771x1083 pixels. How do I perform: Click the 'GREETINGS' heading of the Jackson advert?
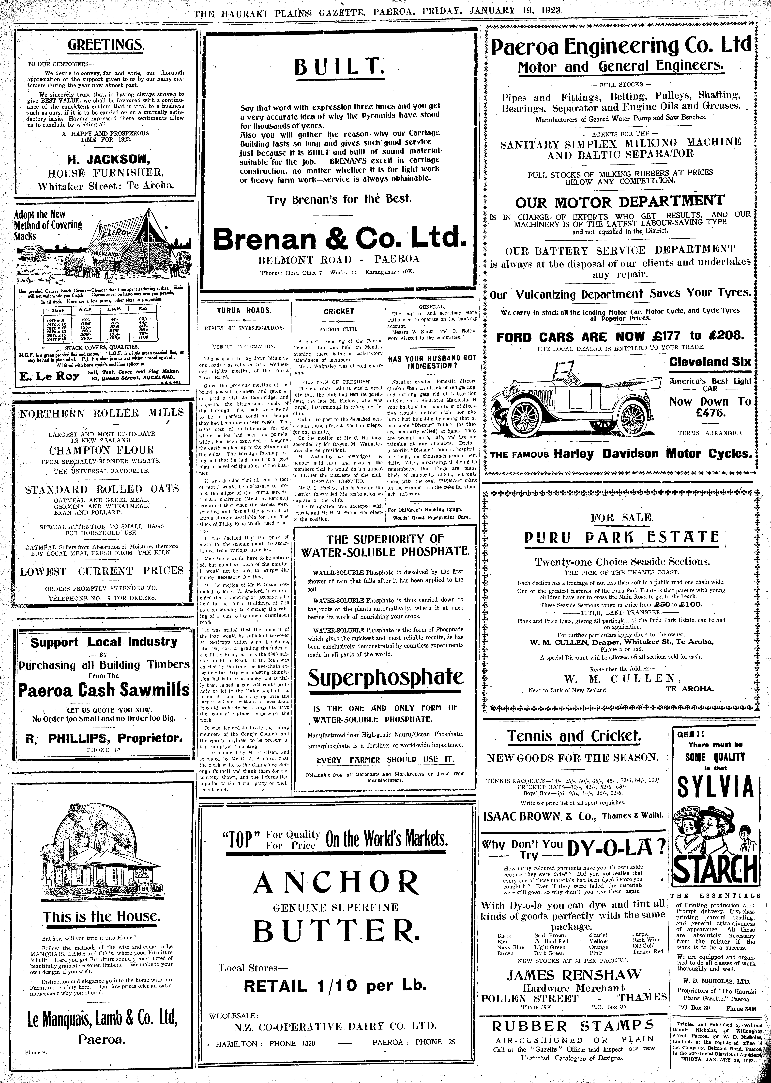[x=105, y=46]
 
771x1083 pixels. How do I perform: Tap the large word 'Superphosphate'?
[x=385, y=678]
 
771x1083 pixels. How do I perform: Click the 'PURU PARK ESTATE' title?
[x=622, y=537]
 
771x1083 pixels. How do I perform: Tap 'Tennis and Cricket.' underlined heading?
[x=574, y=736]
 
